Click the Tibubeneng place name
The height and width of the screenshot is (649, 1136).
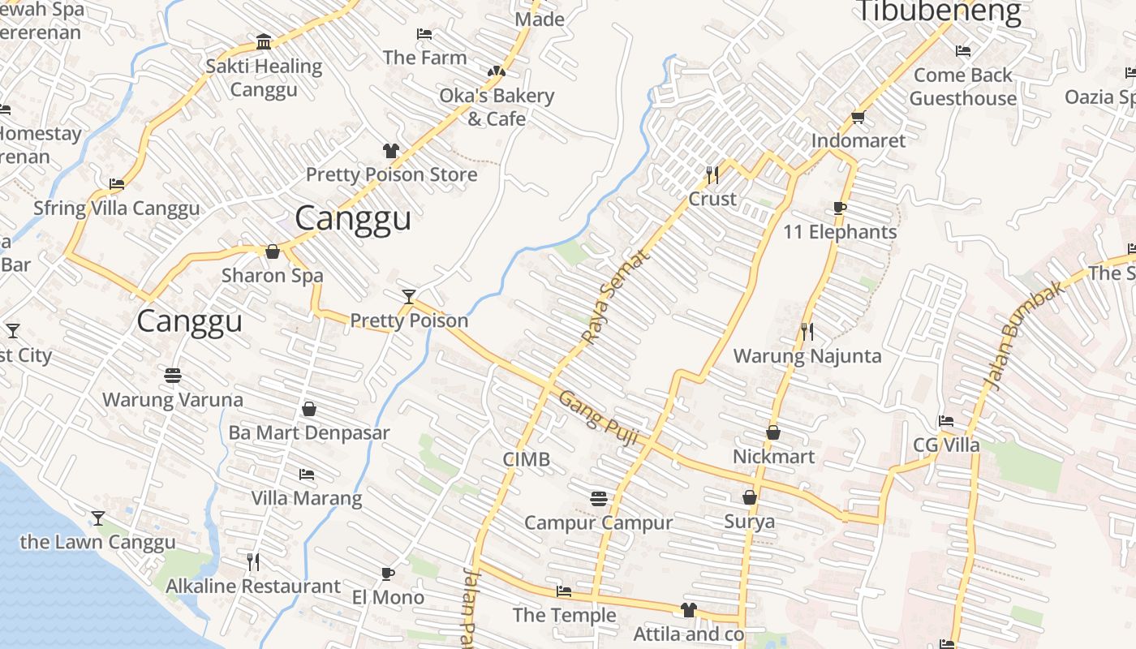[x=939, y=11]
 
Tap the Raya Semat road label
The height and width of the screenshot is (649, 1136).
[x=616, y=297]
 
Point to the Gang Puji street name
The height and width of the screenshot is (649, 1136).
[x=599, y=419]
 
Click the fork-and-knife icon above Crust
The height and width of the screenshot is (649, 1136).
[x=712, y=174]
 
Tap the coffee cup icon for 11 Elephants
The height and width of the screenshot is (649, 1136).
[x=840, y=208]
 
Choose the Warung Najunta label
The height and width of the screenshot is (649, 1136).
[x=807, y=356]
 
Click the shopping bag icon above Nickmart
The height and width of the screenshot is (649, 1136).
[x=773, y=432]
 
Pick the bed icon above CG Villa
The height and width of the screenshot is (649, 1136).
[x=946, y=421]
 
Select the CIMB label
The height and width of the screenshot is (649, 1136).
[x=527, y=459]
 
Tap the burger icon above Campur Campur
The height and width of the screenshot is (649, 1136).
[x=599, y=498]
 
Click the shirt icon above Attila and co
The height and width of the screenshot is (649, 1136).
[x=689, y=610]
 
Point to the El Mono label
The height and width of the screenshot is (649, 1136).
[x=388, y=598]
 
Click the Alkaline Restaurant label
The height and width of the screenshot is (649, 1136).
[x=253, y=586]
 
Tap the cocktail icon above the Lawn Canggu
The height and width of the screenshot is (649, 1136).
[x=98, y=518]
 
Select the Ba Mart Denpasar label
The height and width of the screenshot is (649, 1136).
[x=309, y=432]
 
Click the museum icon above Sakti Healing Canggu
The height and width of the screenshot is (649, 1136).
[x=264, y=42]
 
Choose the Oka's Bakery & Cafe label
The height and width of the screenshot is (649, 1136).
[x=497, y=107]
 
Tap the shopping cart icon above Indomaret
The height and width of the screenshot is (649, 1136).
[x=858, y=117]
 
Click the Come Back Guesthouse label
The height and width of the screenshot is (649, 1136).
[x=963, y=87]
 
